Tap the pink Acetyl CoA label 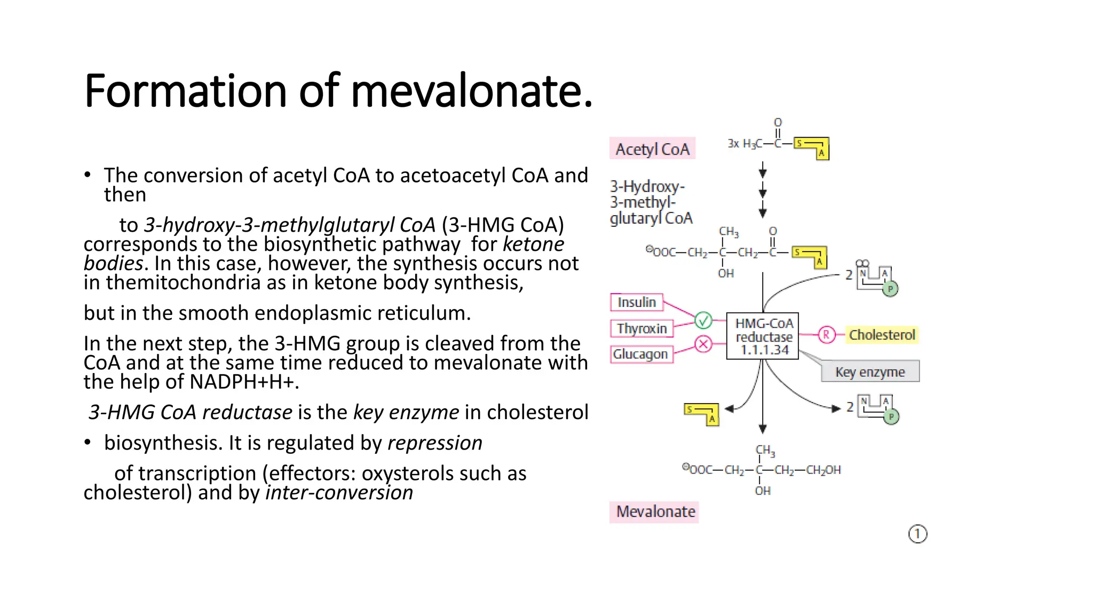coord(652,149)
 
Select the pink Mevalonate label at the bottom coord(655,511)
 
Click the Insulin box coord(637,302)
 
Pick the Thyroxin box coord(641,328)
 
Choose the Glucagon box coord(641,354)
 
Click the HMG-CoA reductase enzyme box coord(763,336)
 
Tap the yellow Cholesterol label coord(882,335)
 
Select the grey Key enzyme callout coord(870,372)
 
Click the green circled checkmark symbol coord(703,320)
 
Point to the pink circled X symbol coord(703,344)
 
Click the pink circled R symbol coord(826,335)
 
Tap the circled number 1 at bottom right coord(917,534)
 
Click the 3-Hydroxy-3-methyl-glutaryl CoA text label coord(651,202)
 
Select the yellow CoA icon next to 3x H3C coord(811,148)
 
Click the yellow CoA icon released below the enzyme coord(702,414)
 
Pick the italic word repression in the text coord(434,443)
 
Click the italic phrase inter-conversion coord(339,492)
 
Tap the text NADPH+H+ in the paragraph coord(242,382)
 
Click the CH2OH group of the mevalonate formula coord(823,470)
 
